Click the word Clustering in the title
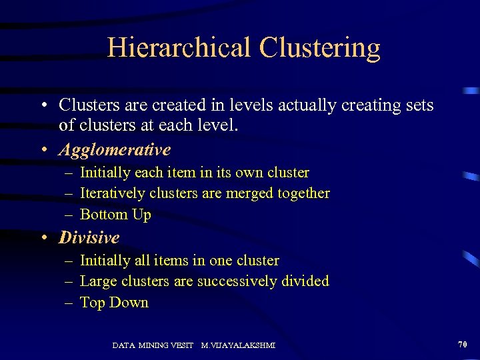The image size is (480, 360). pos(320,48)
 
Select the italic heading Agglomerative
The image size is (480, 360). pos(115,150)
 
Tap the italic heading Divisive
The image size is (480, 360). pos(89,238)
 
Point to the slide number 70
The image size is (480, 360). pos(463,344)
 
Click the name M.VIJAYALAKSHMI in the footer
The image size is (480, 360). pos(238,345)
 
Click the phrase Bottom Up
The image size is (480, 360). pos(115,215)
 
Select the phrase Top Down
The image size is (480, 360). pos(114,303)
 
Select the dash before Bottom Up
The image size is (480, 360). pos(69,215)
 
